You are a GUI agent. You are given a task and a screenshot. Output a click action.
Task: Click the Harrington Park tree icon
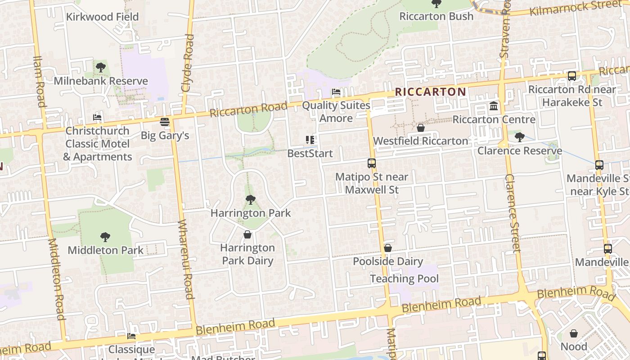click(x=250, y=200)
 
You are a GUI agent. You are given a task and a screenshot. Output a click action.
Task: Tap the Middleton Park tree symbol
click(x=105, y=237)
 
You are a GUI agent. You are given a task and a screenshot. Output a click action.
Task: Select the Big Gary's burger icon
click(x=165, y=122)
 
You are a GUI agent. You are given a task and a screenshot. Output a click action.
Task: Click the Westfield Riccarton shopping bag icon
click(x=420, y=128)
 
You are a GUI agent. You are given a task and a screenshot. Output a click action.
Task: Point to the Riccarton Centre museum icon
click(x=494, y=107)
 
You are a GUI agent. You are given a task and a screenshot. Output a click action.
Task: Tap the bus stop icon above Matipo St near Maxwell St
click(x=371, y=163)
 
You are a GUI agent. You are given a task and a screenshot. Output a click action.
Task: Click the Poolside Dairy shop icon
click(x=387, y=248)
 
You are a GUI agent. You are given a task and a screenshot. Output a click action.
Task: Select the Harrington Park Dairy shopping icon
click(x=247, y=234)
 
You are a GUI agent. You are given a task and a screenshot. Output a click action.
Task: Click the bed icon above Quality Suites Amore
click(x=336, y=92)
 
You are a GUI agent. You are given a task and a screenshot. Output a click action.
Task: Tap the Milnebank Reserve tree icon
click(x=100, y=68)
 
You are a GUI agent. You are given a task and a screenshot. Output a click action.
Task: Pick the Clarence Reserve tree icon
click(x=519, y=137)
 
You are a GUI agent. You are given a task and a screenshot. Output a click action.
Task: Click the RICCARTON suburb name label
click(x=430, y=92)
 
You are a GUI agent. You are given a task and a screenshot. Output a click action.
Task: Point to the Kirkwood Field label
click(x=102, y=17)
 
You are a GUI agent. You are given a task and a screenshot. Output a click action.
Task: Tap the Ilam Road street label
click(x=39, y=81)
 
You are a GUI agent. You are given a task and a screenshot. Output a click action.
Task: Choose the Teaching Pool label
click(x=404, y=279)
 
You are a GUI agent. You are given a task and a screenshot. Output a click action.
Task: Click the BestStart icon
click(x=310, y=140)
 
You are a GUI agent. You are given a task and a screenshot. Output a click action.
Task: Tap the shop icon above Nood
click(x=573, y=333)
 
